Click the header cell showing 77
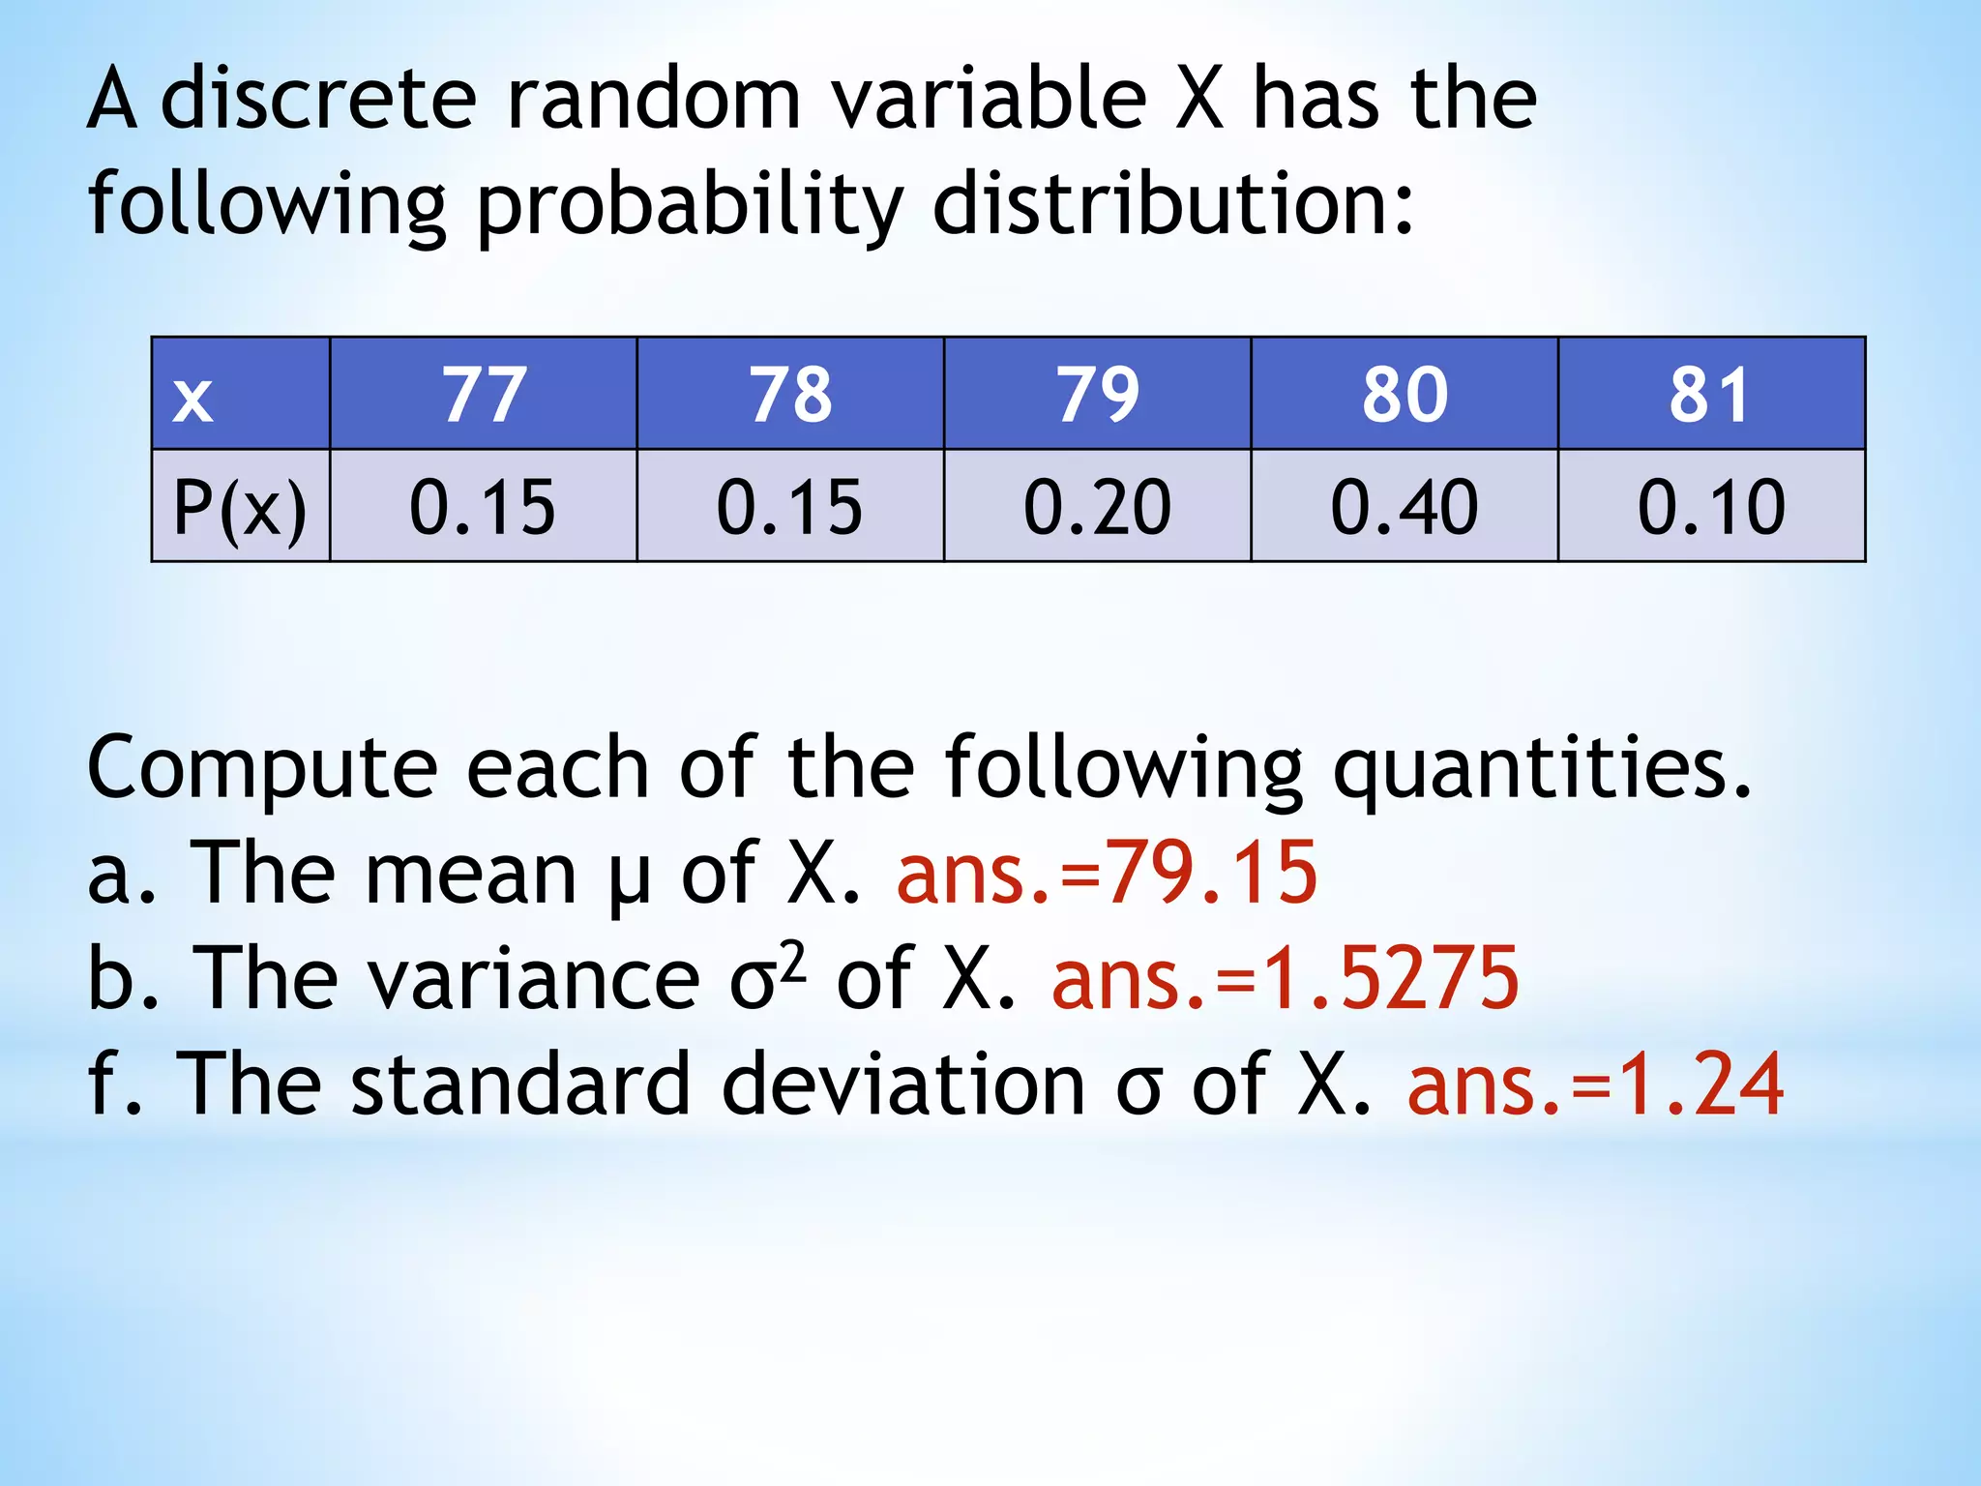point(484,395)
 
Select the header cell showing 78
point(790,395)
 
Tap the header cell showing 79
point(1097,395)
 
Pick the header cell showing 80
point(1404,395)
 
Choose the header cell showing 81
point(1710,395)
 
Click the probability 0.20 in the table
point(1097,506)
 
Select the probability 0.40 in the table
point(1404,506)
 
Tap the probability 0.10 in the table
point(1710,506)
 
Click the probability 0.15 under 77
point(483,506)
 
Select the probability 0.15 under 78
point(789,506)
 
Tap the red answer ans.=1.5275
point(1286,978)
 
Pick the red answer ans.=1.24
point(1595,1085)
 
